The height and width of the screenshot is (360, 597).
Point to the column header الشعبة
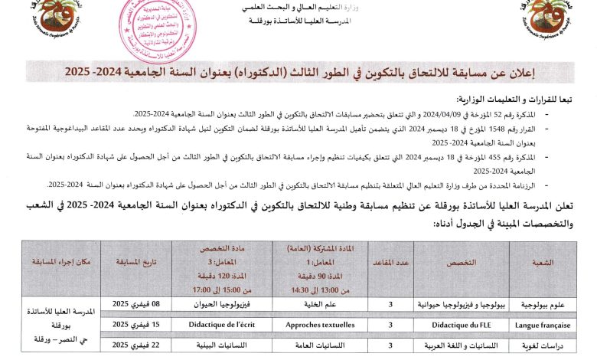tap(542, 262)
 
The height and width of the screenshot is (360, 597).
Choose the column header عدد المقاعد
tap(391, 262)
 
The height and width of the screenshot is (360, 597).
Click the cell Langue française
tap(542, 325)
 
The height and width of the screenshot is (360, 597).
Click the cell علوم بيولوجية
tap(542, 303)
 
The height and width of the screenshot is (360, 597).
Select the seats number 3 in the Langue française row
tap(391, 325)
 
